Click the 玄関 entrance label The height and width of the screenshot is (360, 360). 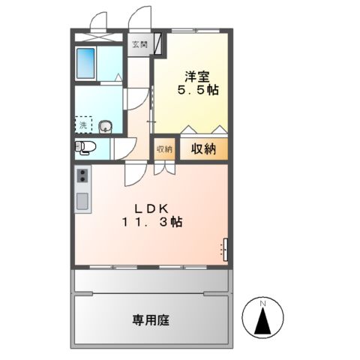click(x=139, y=44)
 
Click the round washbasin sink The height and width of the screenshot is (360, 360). click(x=104, y=126)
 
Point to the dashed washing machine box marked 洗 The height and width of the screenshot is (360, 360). click(x=83, y=124)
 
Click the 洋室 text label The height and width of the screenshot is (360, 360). click(x=191, y=76)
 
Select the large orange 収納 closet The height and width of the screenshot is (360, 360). click(x=203, y=148)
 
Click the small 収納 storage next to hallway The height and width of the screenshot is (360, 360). click(x=164, y=148)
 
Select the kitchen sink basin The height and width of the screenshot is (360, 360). click(x=82, y=200)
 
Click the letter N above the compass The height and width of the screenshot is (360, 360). click(x=263, y=302)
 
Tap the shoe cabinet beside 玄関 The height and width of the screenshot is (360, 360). click(x=158, y=43)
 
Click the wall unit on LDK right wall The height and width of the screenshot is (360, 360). click(x=225, y=250)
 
